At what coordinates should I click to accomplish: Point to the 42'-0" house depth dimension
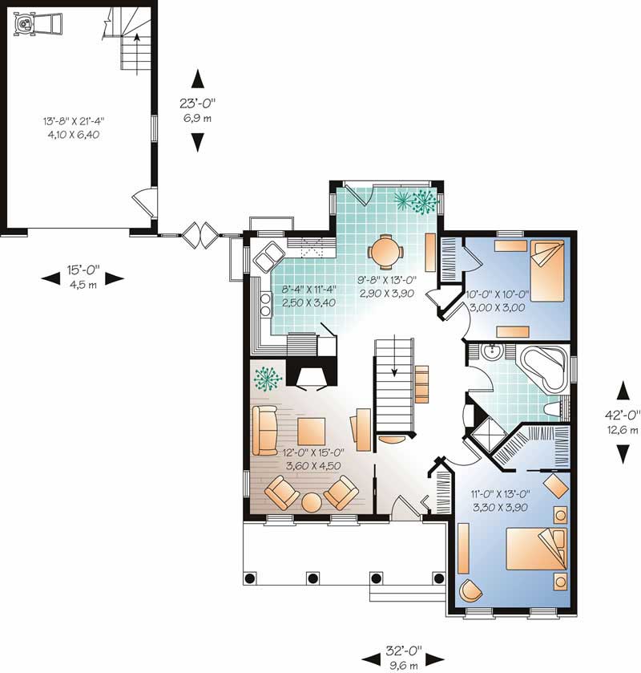[622, 415]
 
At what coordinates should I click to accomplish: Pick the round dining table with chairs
[386, 250]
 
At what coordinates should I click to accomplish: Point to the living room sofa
[264, 431]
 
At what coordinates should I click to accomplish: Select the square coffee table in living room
[311, 431]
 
